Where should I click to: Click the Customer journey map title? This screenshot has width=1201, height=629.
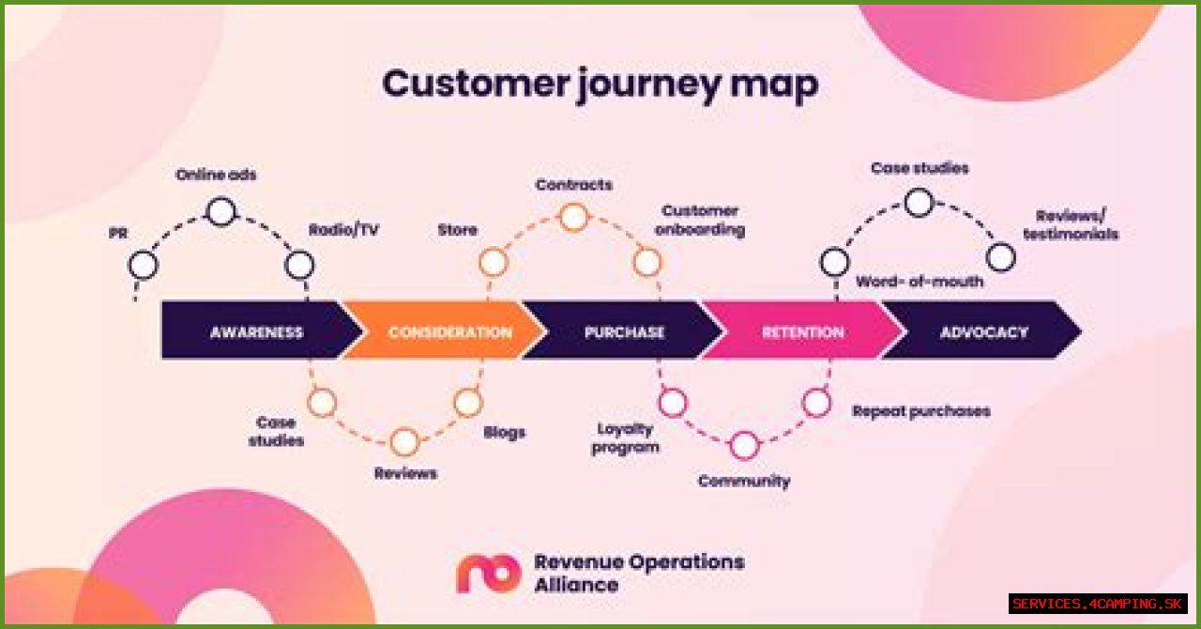[600, 84]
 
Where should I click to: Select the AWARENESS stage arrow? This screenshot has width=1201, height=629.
[256, 331]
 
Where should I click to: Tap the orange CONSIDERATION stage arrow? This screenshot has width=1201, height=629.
[448, 331]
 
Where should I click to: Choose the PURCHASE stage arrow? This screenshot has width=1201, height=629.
[624, 331]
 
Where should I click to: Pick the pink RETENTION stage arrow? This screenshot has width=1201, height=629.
[802, 331]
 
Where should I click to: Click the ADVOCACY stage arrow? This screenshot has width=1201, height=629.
[983, 331]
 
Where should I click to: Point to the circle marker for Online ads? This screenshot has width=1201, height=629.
[220, 212]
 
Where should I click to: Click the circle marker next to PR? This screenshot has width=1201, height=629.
[144, 266]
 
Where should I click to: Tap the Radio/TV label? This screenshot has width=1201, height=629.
[343, 230]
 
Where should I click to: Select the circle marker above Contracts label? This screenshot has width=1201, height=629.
[574, 218]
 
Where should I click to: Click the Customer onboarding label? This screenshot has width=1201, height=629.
[700, 220]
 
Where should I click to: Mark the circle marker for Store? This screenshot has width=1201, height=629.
[493, 263]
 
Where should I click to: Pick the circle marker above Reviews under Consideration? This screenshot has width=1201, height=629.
[404, 441]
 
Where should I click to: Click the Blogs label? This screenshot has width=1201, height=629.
[504, 433]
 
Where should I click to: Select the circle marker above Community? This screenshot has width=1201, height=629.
[744, 446]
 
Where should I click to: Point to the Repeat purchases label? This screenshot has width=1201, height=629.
[920, 411]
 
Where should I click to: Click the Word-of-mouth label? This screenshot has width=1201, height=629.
[920, 282]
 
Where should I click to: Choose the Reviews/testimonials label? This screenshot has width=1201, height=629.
[1071, 224]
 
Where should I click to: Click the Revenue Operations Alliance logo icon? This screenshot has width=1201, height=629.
[488, 573]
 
